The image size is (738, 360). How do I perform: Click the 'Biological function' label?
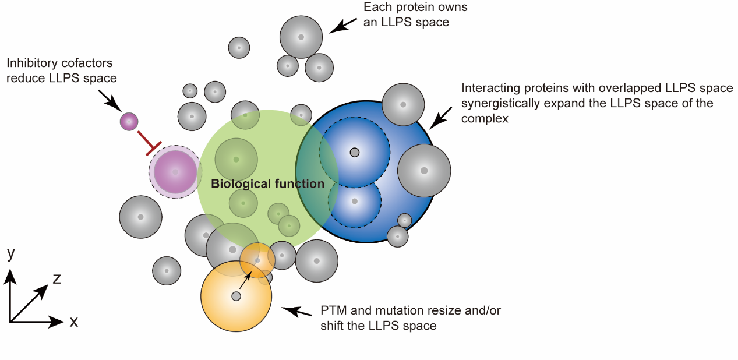[x=267, y=184]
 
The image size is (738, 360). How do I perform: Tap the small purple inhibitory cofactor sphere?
[x=129, y=122]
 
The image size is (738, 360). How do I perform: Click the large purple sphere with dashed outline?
[x=175, y=172]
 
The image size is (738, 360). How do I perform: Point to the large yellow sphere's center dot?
[x=236, y=297]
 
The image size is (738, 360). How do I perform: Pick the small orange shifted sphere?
[x=257, y=260]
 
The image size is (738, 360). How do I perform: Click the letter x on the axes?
[x=73, y=322]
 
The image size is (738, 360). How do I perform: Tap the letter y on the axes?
[x=10, y=254]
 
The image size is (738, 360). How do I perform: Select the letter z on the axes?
[x=57, y=278]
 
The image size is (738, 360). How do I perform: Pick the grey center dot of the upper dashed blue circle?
[x=354, y=153]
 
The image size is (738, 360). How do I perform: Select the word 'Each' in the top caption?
[x=376, y=8]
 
